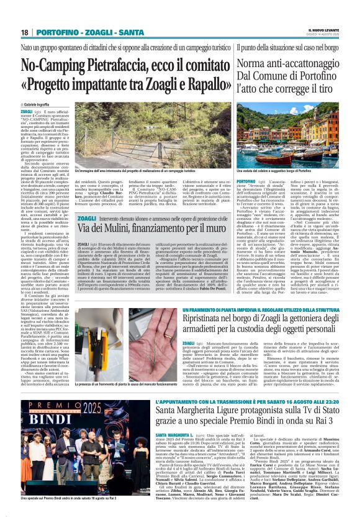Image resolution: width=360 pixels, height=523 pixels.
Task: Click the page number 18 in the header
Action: [25, 32]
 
